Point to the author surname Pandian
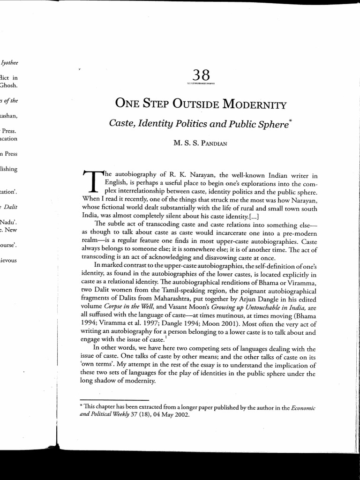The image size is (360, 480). (212, 143)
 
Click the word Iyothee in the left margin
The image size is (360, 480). (10, 62)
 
